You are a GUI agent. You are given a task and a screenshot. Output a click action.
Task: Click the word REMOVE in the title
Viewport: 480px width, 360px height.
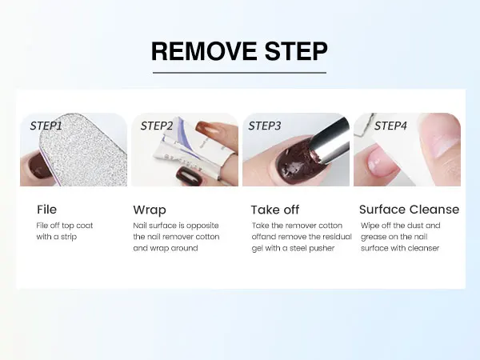pos(204,51)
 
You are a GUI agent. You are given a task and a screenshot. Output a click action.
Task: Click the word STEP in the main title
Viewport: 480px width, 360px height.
pos(296,51)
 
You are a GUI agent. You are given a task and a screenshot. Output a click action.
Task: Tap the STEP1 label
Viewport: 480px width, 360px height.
pos(46,126)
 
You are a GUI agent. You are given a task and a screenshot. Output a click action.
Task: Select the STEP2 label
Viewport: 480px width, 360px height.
pos(157,126)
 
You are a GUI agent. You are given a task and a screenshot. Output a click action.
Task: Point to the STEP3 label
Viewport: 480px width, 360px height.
pos(265,126)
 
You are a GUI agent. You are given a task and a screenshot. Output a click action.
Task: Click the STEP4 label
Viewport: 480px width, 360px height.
pos(390,126)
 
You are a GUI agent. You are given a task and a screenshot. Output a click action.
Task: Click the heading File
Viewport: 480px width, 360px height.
pos(47,210)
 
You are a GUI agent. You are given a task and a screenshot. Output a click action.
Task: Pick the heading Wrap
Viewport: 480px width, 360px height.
pos(150,210)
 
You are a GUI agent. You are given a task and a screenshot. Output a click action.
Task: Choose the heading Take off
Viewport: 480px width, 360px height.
pos(275,210)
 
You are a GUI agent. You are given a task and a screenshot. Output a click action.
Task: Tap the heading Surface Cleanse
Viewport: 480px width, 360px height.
pos(410,210)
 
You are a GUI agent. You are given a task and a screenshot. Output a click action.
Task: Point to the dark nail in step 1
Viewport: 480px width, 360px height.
pos(39,166)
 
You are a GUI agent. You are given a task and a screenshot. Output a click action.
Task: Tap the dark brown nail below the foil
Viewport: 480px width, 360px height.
pos(186,176)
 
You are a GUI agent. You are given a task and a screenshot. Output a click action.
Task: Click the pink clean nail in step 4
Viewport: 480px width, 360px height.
pos(379,160)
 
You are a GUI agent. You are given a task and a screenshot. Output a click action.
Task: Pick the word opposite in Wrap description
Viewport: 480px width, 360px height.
pos(202,226)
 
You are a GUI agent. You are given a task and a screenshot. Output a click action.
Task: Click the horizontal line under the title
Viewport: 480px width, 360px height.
pos(239,73)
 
